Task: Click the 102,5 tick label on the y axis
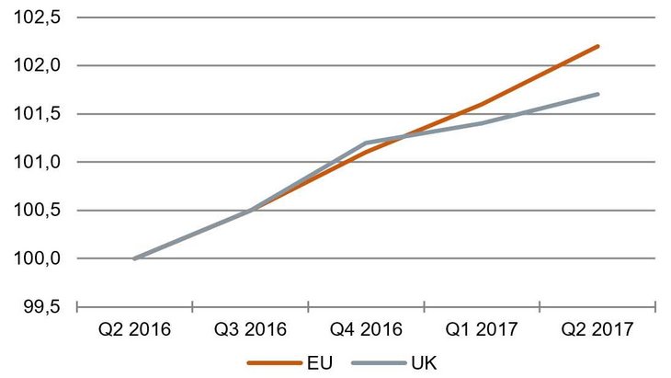tap(37, 17)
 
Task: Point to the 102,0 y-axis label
tap(37, 65)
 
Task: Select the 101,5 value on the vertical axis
tap(37, 114)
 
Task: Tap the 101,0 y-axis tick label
tap(37, 162)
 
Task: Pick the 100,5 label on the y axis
tap(37, 210)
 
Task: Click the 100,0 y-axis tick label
tap(37, 258)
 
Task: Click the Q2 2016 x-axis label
tap(134, 328)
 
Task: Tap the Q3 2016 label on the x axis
tap(250, 328)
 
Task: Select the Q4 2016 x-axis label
tap(366, 328)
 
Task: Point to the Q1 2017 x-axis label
tap(482, 328)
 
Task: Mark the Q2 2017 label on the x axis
tap(597, 328)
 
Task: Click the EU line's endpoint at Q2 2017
tap(597, 46)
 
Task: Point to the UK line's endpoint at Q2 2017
tap(597, 94)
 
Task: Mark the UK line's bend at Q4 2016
tap(366, 143)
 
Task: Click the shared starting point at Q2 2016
tap(134, 258)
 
